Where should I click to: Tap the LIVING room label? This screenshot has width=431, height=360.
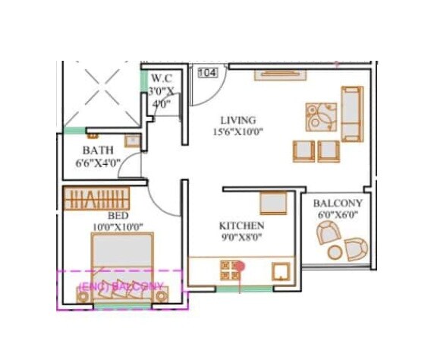pyautogui.click(x=238, y=120)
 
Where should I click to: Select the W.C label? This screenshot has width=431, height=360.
pyautogui.click(x=162, y=77)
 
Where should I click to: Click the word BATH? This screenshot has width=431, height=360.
pyautogui.click(x=97, y=150)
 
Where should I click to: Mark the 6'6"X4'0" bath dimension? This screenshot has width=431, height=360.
pyautogui.click(x=99, y=163)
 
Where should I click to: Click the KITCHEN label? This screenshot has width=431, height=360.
pyautogui.click(x=241, y=226)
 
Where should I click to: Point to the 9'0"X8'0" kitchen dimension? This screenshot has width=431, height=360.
pyautogui.click(x=241, y=238)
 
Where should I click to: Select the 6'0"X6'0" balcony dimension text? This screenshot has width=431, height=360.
pyautogui.click(x=338, y=216)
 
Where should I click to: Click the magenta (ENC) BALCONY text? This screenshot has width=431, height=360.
pyautogui.click(x=121, y=286)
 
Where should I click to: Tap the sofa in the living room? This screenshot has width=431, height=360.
pyautogui.click(x=351, y=114)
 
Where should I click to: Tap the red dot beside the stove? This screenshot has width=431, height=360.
pyautogui.click(x=240, y=266)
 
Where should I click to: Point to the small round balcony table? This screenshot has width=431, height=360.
pyautogui.click(x=354, y=248)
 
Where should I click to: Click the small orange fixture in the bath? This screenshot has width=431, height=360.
pyautogui.click(x=131, y=141)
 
